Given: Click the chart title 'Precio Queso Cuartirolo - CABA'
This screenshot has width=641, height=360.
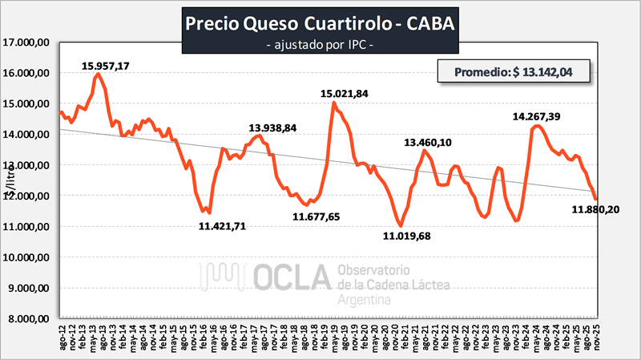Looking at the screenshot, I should point(320,22).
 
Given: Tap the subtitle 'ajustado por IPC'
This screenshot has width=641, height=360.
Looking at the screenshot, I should point(320,47).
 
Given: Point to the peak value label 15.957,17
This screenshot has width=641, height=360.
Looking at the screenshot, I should point(118,65).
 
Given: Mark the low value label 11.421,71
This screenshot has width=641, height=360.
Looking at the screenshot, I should point(233,226).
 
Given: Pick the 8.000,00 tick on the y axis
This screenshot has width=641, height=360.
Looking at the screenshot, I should point(30,318).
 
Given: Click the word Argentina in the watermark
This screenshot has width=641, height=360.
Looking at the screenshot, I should point(365,300).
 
